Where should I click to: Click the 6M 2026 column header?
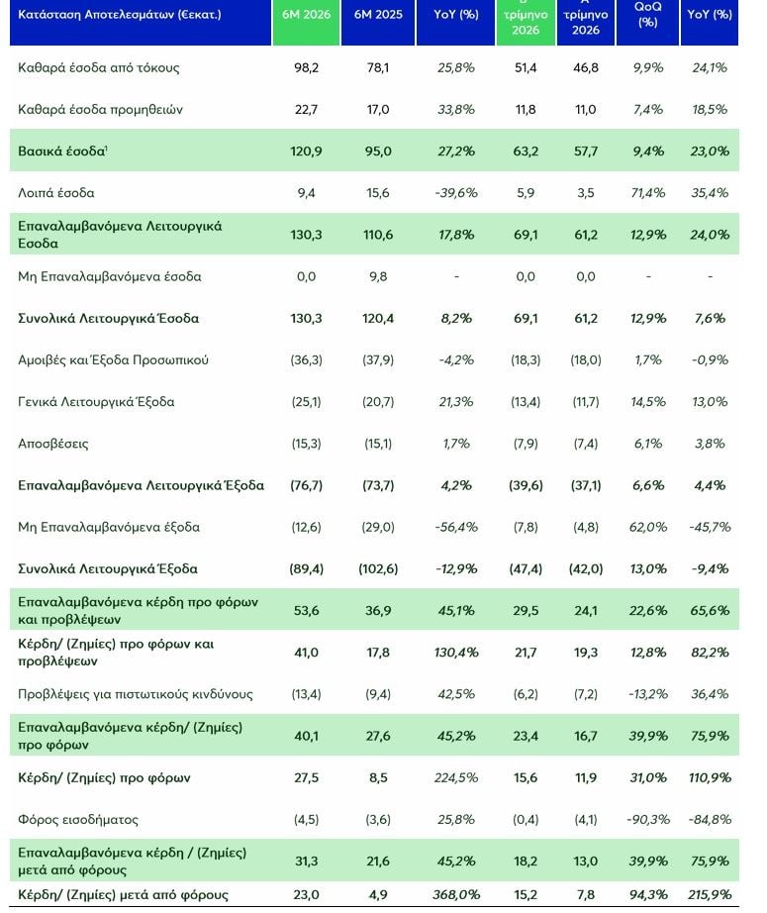306,15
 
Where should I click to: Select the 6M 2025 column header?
378,15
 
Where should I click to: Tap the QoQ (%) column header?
647,15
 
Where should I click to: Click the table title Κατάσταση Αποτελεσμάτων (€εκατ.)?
120,15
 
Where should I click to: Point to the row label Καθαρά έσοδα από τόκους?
99,67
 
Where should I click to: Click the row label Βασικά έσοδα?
62,151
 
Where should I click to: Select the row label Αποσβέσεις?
53,444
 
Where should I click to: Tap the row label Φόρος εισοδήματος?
78,820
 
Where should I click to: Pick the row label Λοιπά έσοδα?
55,193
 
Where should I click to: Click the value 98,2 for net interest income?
306,67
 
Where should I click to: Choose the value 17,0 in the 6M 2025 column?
378,110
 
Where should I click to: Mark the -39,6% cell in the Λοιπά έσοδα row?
456,193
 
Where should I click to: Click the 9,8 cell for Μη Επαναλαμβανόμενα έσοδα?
378,276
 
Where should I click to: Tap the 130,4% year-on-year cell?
456,653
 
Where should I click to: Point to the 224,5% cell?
456,778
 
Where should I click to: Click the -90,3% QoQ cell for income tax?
648,820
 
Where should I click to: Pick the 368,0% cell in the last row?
456,895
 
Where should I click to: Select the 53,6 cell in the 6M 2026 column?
306,611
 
